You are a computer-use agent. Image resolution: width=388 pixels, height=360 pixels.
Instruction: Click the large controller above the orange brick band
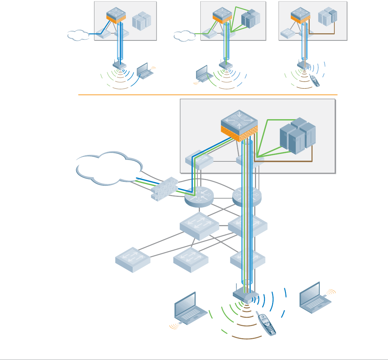point(238,120)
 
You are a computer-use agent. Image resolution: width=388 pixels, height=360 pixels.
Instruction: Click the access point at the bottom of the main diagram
point(245,295)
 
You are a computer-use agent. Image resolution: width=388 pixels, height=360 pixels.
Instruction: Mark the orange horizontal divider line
point(207,95)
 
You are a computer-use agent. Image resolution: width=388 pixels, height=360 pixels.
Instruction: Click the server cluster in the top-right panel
point(328,16)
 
